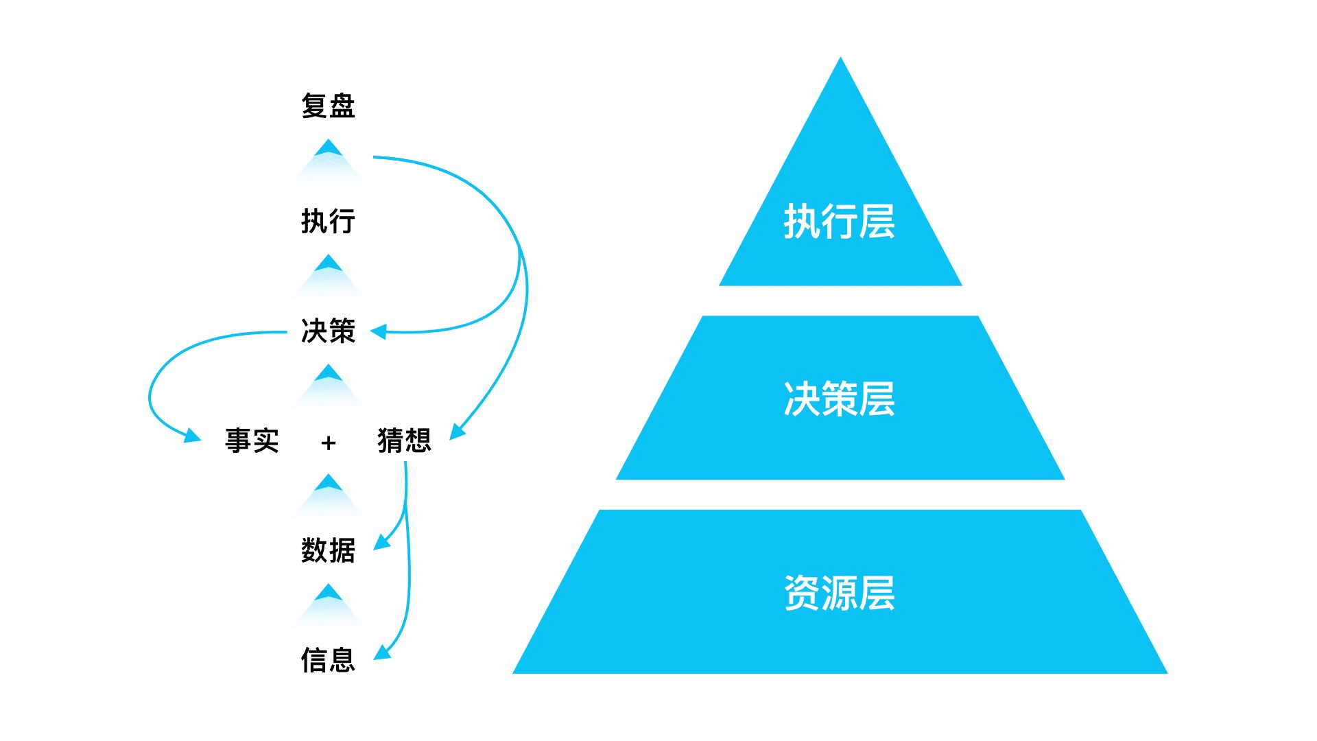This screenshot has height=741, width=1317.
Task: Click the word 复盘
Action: coord(328,106)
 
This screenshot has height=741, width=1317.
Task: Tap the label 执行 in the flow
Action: coord(328,222)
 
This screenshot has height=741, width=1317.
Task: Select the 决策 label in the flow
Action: coord(328,331)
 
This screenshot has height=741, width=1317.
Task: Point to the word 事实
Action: coord(252,440)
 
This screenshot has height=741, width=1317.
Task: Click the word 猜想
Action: coord(404,440)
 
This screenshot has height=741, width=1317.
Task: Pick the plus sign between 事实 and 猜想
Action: coord(329,443)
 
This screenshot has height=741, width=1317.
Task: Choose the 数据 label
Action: coord(328,550)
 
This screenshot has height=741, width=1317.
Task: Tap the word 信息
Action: coord(328,660)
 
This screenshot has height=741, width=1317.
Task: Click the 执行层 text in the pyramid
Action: coord(840,222)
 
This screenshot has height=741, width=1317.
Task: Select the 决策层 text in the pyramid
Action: coord(840,399)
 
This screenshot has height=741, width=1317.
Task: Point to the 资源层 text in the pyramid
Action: coord(840,593)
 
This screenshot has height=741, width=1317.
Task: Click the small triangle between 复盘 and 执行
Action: coord(329,152)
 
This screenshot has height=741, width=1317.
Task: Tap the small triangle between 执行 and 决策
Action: coord(329,268)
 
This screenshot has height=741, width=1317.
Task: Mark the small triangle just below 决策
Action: coord(329,377)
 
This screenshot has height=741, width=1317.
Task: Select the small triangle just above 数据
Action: coord(329,486)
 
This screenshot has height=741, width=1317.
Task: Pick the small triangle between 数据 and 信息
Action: coord(329,597)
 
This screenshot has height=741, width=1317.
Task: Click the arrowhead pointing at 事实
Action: coord(193,435)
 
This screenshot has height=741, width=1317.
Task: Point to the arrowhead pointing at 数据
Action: coord(382,543)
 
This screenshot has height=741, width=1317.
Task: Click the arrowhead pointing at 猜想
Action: coord(457,432)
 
